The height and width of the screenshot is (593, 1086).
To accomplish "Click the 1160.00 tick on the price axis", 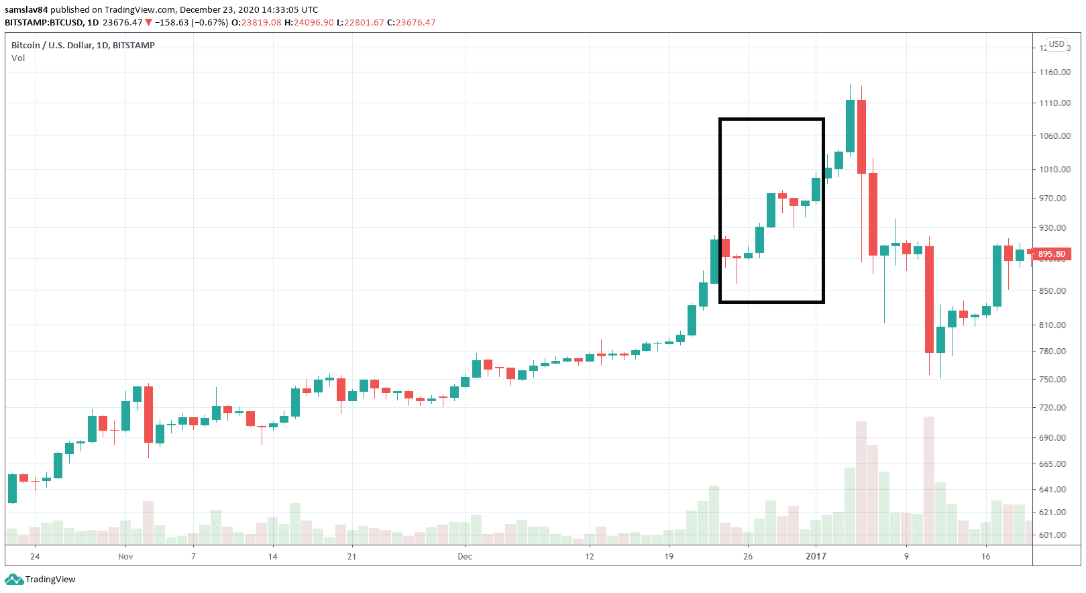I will [x=1054, y=72].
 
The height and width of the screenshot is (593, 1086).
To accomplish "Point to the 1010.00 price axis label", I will [x=1054, y=170].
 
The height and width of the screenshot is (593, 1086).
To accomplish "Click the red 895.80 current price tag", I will [x=1051, y=254].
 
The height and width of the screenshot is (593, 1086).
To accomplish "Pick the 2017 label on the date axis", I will [x=816, y=557].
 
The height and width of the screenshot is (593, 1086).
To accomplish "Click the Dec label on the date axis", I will [x=465, y=557].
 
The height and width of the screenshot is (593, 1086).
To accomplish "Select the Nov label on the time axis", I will [x=125, y=557].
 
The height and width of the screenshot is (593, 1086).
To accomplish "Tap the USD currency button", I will [x=1056, y=44].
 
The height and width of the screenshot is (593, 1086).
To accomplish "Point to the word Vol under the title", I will [x=18, y=58].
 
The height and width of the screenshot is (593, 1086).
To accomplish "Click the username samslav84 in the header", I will [x=26, y=10].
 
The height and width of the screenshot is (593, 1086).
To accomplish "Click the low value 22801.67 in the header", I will [x=364, y=23].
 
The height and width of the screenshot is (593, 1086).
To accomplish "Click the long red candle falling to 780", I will [x=929, y=299].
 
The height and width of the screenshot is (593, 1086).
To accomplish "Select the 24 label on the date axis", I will [x=35, y=557].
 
